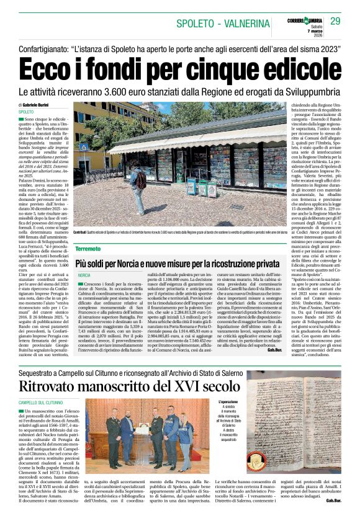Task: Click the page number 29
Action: coord(335,22)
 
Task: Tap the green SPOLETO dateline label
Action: coord(27,112)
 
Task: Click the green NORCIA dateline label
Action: coord(84,275)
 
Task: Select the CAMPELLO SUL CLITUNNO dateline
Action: coord(41,403)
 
